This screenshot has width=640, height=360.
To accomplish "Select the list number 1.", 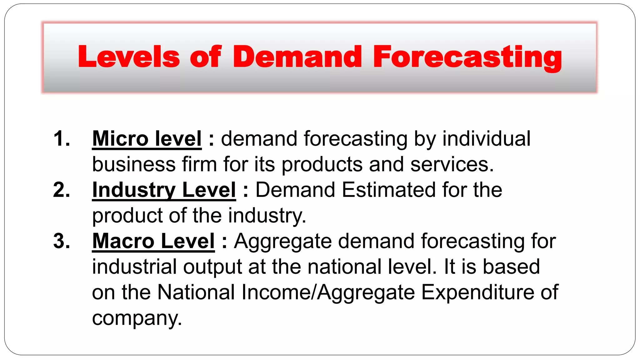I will tap(61, 139).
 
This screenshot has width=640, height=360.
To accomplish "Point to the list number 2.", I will tap(61, 190).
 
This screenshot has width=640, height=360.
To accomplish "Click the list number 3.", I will tap(61, 241).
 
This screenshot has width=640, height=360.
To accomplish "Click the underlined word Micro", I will tap(120, 139).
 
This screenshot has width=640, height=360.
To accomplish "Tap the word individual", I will tap(486, 139).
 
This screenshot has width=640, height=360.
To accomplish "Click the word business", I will tap(134, 165).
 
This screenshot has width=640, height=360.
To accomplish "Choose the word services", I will tap(452, 165).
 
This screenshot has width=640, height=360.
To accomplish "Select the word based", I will tap(511, 267).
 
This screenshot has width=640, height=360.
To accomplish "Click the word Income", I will tap(277, 292).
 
